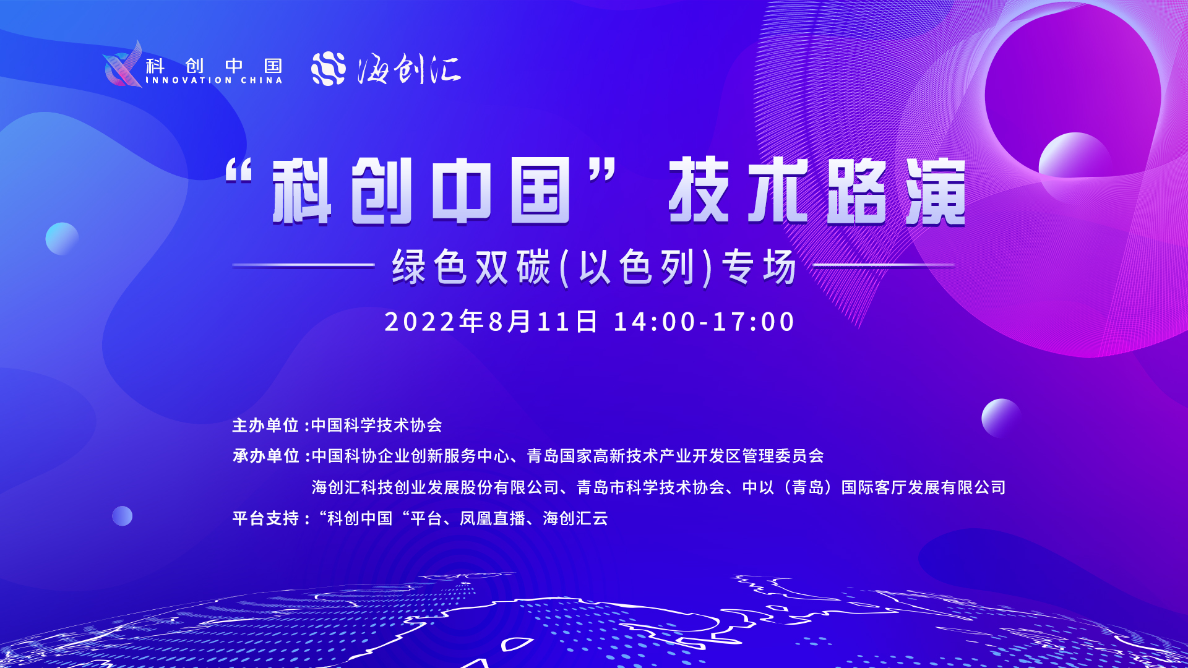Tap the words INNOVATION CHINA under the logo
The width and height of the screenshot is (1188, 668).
point(214,80)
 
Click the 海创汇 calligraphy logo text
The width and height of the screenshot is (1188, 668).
point(409,69)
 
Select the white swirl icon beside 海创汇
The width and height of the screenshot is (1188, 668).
point(329,69)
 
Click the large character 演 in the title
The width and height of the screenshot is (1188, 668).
point(936,191)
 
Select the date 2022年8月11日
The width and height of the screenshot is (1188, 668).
point(491,322)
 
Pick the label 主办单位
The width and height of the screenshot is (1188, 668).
point(266,426)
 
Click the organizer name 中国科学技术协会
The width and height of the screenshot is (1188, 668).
point(377,426)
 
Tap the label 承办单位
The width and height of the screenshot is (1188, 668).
point(266,456)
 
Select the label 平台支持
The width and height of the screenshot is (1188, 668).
point(266,518)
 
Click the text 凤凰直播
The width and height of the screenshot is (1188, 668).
point(493,518)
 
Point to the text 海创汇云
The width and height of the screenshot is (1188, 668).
point(575,518)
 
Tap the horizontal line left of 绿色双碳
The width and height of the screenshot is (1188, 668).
point(304,265)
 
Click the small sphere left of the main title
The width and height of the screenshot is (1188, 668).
point(62,239)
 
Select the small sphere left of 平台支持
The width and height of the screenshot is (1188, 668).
point(122,516)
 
